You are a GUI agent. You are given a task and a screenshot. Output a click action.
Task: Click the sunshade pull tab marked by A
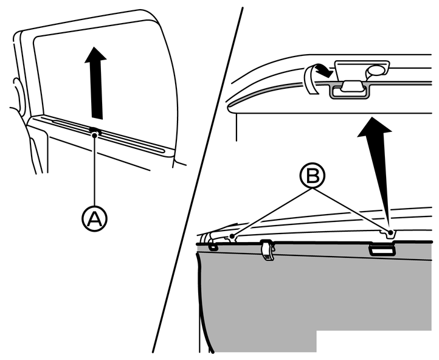(94, 130)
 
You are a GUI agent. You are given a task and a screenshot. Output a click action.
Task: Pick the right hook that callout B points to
(389, 232)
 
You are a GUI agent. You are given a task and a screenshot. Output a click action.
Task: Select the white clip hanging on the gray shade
(266, 250)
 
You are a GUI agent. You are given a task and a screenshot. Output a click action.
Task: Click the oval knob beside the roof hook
(377, 69)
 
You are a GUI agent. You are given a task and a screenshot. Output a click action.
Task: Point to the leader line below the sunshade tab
(94, 170)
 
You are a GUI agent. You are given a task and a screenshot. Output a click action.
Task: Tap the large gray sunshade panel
(316, 298)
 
